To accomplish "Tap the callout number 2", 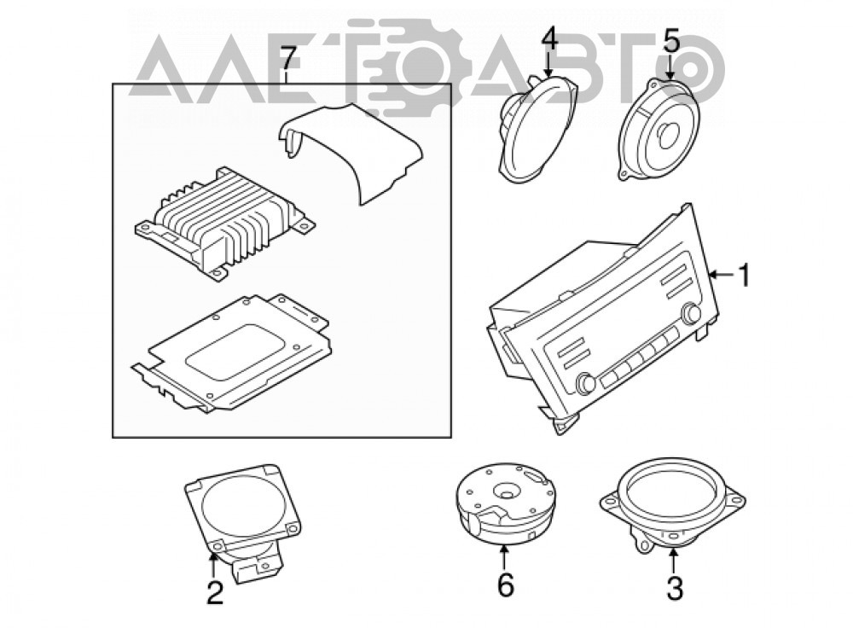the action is coord(215,592).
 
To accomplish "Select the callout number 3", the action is coord(675,588).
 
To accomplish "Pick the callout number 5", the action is coord(670,41).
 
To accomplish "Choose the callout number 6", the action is coord(505,586).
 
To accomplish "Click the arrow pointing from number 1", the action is coord(722,275).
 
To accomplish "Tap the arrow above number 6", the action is coord(504,558).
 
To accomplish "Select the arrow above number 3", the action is coord(674,561).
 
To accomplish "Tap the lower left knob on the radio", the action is coord(587,382).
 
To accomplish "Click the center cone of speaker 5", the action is coord(667,135).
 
